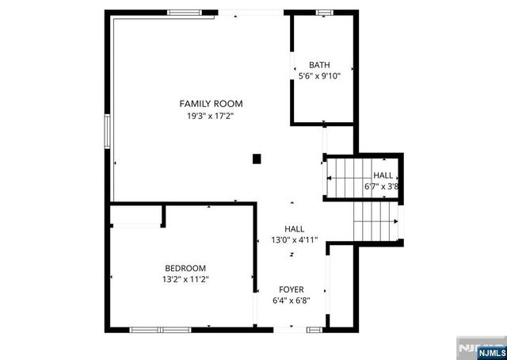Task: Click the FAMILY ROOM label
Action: coord(211,104)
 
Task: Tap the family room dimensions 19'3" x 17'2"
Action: coord(211,116)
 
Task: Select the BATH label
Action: coord(319,65)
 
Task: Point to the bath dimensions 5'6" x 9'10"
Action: coord(319,77)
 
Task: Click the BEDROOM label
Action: coord(185,268)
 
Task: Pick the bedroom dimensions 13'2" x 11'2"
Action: coord(185,279)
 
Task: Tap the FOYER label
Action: coord(291,289)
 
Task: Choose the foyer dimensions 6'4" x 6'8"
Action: coord(291,301)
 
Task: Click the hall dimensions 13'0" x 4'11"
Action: coord(294,239)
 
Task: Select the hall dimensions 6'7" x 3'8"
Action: coord(381,187)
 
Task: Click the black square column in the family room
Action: coord(257,159)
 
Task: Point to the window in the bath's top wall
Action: coord(325,12)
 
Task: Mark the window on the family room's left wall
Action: coord(107,130)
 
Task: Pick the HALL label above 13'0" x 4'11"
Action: coord(294,228)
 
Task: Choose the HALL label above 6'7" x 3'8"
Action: coord(383,175)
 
